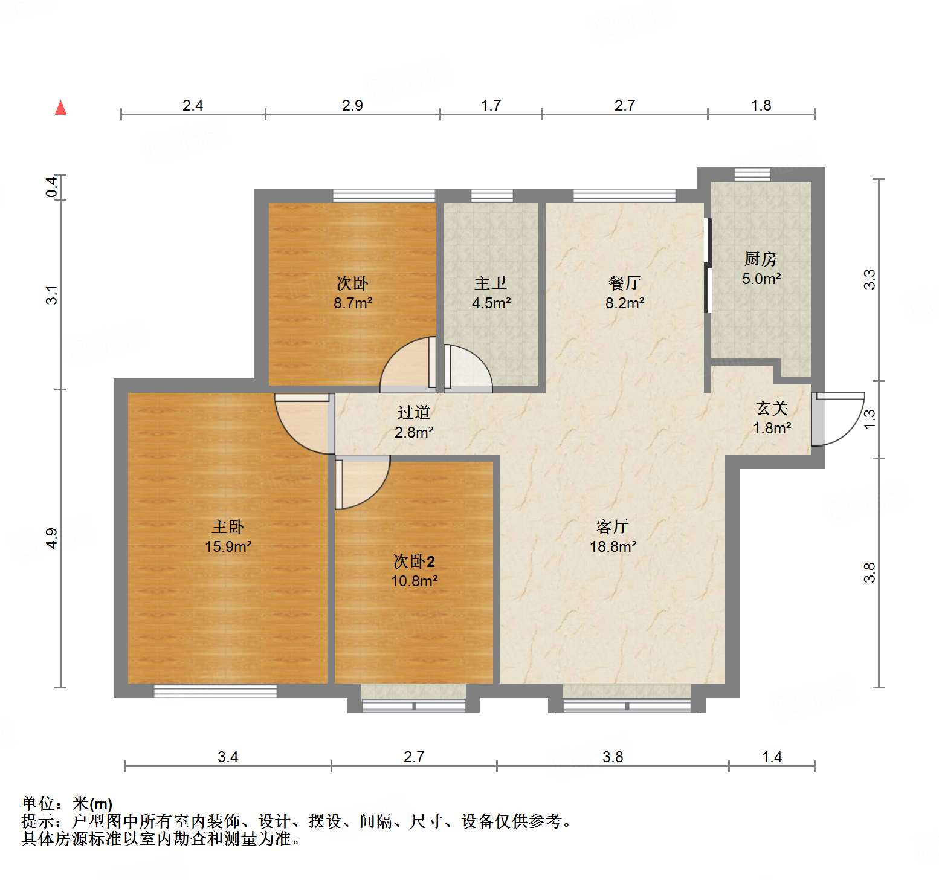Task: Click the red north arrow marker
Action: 60,108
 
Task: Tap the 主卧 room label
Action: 228,527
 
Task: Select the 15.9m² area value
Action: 228,547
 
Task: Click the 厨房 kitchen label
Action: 760,259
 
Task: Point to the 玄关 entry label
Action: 772,409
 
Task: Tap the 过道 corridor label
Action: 414,413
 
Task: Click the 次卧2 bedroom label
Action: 414,562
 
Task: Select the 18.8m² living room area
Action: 613,547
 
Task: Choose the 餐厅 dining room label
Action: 624,283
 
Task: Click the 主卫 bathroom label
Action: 490,283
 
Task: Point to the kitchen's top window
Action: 752,174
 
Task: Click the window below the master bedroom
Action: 215,691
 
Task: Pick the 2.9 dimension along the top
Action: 352,106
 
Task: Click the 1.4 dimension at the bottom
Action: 772,757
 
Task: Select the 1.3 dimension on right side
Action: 869,419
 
